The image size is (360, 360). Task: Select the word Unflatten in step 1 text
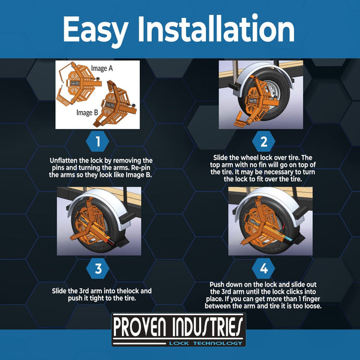(x=67, y=161)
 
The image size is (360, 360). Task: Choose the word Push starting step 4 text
(x=220, y=283)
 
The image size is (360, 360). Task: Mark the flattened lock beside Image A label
(x=78, y=84)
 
